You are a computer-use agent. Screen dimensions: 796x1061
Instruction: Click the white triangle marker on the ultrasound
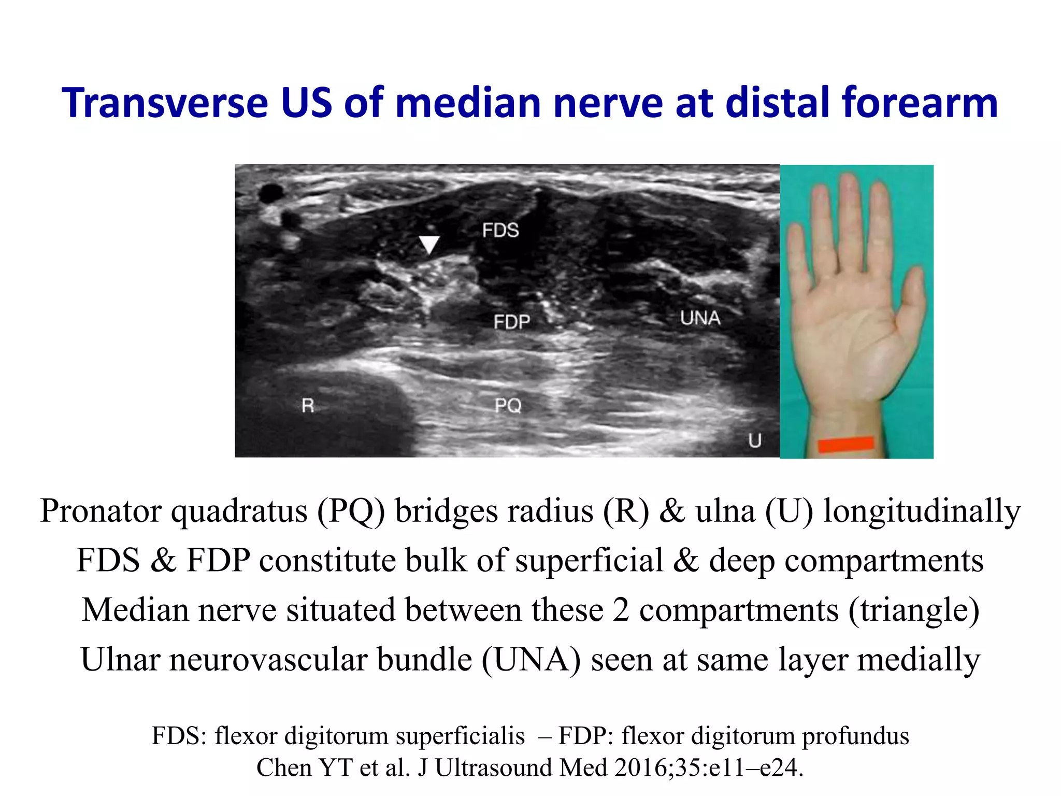429,244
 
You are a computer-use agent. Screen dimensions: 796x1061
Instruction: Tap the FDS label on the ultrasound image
500,230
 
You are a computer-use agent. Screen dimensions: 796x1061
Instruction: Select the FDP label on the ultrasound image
511,322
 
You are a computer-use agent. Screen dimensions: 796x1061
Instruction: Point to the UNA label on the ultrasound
700,318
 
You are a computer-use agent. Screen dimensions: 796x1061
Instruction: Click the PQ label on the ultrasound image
508,405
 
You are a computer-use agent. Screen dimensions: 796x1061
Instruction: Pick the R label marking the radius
308,405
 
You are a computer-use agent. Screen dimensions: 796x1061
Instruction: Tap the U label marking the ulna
755,440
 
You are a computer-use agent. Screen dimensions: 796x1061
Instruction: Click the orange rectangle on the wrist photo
846,445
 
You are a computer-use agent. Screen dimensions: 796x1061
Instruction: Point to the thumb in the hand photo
913,301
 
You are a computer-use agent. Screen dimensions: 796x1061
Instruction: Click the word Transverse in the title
165,103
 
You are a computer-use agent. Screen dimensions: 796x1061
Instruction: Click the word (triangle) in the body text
913,610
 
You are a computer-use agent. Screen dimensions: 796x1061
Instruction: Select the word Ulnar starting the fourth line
120,660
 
